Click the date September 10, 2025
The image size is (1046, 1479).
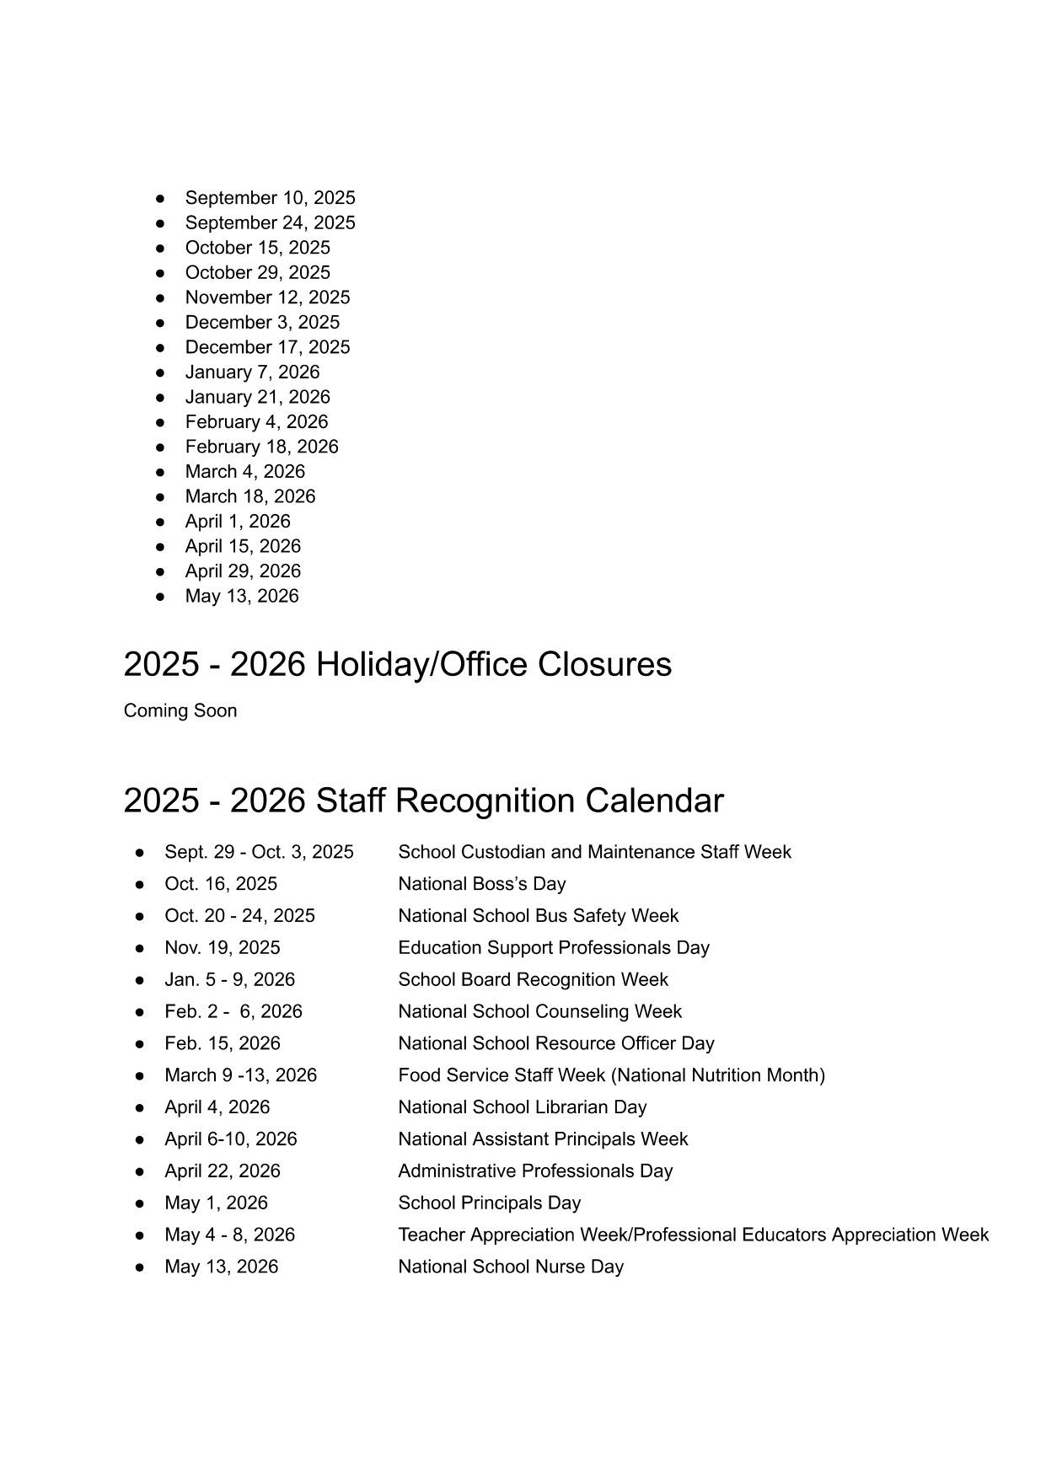coord(270,198)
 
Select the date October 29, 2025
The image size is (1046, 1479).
coord(257,272)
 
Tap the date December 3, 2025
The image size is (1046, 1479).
coord(262,322)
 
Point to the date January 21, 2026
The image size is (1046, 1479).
coord(257,397)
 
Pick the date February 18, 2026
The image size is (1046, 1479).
coord(261,447)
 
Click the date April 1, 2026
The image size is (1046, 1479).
coord(238,522)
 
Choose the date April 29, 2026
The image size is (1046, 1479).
coord(243,571)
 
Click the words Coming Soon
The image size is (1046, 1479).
coord(180,710)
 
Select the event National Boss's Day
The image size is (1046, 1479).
coord(481,884)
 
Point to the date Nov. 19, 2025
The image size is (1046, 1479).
coord(223,948)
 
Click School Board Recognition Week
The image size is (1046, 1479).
coord(533,980)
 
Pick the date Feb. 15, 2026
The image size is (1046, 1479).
coord(223,1043)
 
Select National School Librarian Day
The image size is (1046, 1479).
coord(522,1107)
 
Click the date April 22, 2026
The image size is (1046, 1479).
coord(223,1171)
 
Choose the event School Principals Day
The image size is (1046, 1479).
coord(489,1203)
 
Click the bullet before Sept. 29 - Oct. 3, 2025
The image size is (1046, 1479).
coord(140,853)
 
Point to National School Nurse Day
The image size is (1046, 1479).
coord(511,1267)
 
